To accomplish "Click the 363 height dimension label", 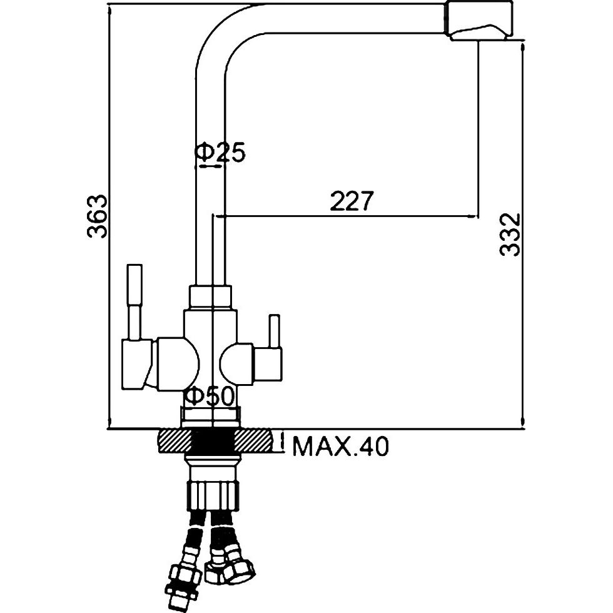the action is [96, 216].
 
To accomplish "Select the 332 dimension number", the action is [510, 234].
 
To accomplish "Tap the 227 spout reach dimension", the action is [352, 201].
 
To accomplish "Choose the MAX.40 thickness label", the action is [341, 447].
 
